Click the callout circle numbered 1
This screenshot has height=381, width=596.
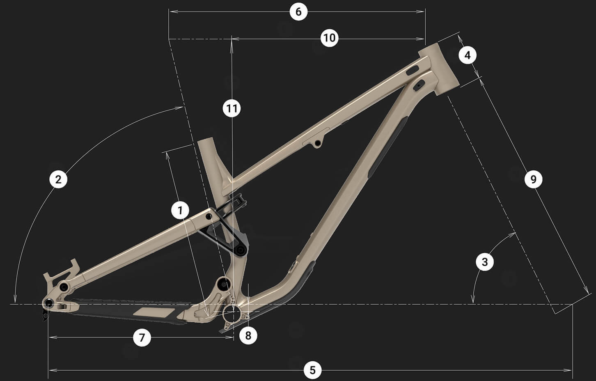coord(180,210)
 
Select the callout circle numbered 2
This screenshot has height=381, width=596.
coord(58,179)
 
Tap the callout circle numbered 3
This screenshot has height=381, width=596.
coord(485,262)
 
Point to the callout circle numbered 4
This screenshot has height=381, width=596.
coord(468,55)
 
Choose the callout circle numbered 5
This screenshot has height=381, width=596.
coord(313,370)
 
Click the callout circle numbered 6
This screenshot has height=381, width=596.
coord(298,12)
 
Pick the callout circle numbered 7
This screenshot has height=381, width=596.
coord(142,337)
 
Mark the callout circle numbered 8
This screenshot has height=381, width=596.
coord(248,335)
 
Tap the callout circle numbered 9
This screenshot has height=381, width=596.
coord(534,179)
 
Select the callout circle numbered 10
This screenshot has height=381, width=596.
coord(329,38)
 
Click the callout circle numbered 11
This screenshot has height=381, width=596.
coord(232,108)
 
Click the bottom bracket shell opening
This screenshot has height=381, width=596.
coord(230,315)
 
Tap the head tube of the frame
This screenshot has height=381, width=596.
coord(439,69)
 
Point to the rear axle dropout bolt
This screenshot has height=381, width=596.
coord(49,303)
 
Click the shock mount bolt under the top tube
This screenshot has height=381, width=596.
coord(317,144)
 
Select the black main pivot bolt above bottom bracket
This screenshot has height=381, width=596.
coord(223,284)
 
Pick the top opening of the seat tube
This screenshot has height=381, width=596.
coord(206,141)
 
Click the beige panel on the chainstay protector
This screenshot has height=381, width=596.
coord(154,312)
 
